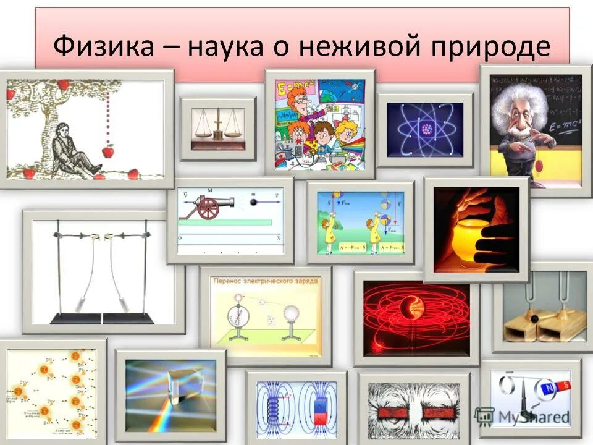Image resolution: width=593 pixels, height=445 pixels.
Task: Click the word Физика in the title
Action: tap(104, 46)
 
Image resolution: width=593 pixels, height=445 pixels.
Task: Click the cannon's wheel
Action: tap(209, 210)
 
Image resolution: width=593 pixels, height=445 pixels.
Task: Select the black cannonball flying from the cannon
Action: tap(253, 201)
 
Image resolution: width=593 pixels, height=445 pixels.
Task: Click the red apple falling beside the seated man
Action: tap(108, 151)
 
